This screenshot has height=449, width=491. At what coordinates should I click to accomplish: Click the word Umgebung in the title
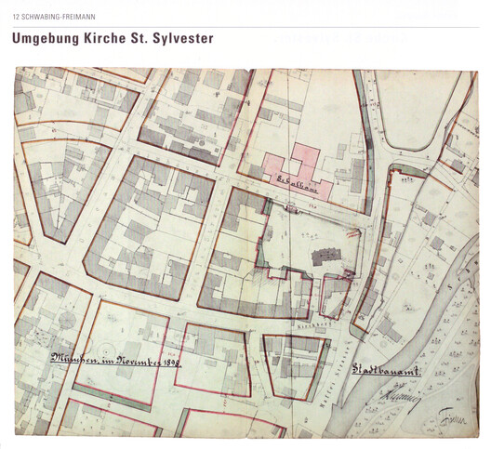(x=46, y=40)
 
